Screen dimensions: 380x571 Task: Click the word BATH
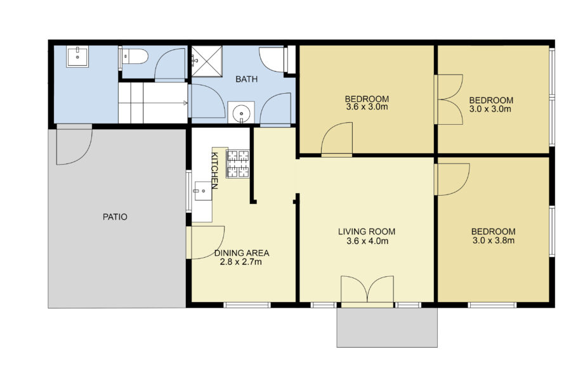(246, 79)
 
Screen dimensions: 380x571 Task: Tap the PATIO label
(115, 217)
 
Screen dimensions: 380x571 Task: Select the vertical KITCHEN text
(214, 171)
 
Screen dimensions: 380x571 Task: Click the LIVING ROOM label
(367, 231)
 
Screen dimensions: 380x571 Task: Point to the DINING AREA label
(240, 252)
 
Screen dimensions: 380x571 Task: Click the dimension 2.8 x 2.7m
(240, 261)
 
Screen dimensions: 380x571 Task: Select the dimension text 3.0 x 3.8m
(493, 240)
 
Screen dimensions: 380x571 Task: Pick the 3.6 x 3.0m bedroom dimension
(367, 108)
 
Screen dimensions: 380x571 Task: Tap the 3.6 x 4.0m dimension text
(367, 241)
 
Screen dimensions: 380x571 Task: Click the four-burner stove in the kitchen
(239, 163)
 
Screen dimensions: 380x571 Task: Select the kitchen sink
(202, 188)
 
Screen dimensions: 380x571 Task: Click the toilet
(135, 57)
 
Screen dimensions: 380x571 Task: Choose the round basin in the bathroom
(242, 114)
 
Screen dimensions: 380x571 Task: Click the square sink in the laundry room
(79, 55)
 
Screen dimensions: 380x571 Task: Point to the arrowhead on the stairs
(185, 102)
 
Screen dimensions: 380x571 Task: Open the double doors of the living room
(367, 291)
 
